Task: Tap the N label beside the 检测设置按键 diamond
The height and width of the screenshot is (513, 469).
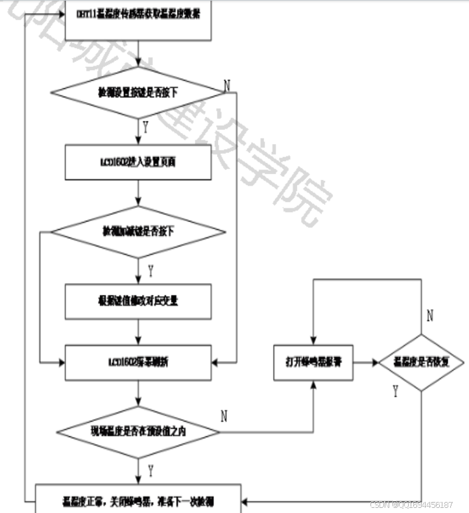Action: pos(226,85)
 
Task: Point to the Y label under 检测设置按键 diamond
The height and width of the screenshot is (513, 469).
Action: pos(145,128)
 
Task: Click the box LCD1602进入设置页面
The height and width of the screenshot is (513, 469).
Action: pos(138,162)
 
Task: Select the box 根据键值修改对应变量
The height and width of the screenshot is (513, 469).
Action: pos(138,301)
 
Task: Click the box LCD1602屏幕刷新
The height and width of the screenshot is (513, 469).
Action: pos(138,362)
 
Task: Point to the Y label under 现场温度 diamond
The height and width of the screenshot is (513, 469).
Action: pos(150,469)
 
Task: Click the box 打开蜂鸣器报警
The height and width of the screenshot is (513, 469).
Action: pos(313,362)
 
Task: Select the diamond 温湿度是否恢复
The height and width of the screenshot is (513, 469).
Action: pos(422,362)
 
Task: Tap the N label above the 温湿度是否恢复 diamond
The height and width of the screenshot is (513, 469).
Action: pos(429,316)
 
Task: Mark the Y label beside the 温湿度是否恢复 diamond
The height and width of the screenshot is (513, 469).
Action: pos(395,391)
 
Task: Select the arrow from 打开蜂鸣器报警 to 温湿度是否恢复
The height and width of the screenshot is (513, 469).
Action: pos(365,362)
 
